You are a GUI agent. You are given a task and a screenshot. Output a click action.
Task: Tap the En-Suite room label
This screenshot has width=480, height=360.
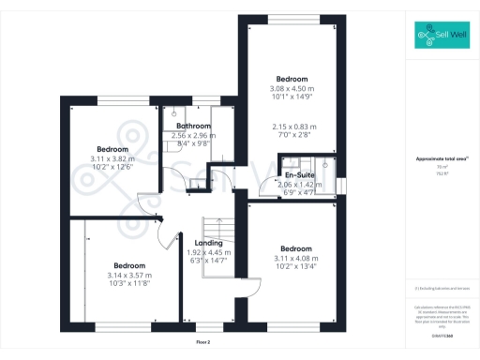(299, 174)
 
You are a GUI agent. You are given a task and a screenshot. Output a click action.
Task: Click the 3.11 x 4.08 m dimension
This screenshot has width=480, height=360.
(296, 258)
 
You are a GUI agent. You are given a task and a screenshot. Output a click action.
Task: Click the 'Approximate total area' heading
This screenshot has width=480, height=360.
(441, 159)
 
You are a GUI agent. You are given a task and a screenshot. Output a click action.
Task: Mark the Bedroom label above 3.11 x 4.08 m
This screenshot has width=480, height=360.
(296, 247)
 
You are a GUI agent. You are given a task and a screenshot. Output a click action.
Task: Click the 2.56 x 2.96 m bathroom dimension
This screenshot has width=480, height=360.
(194, 135)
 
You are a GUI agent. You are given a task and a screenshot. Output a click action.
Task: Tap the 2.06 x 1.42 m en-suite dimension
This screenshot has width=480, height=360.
(300, 185)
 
